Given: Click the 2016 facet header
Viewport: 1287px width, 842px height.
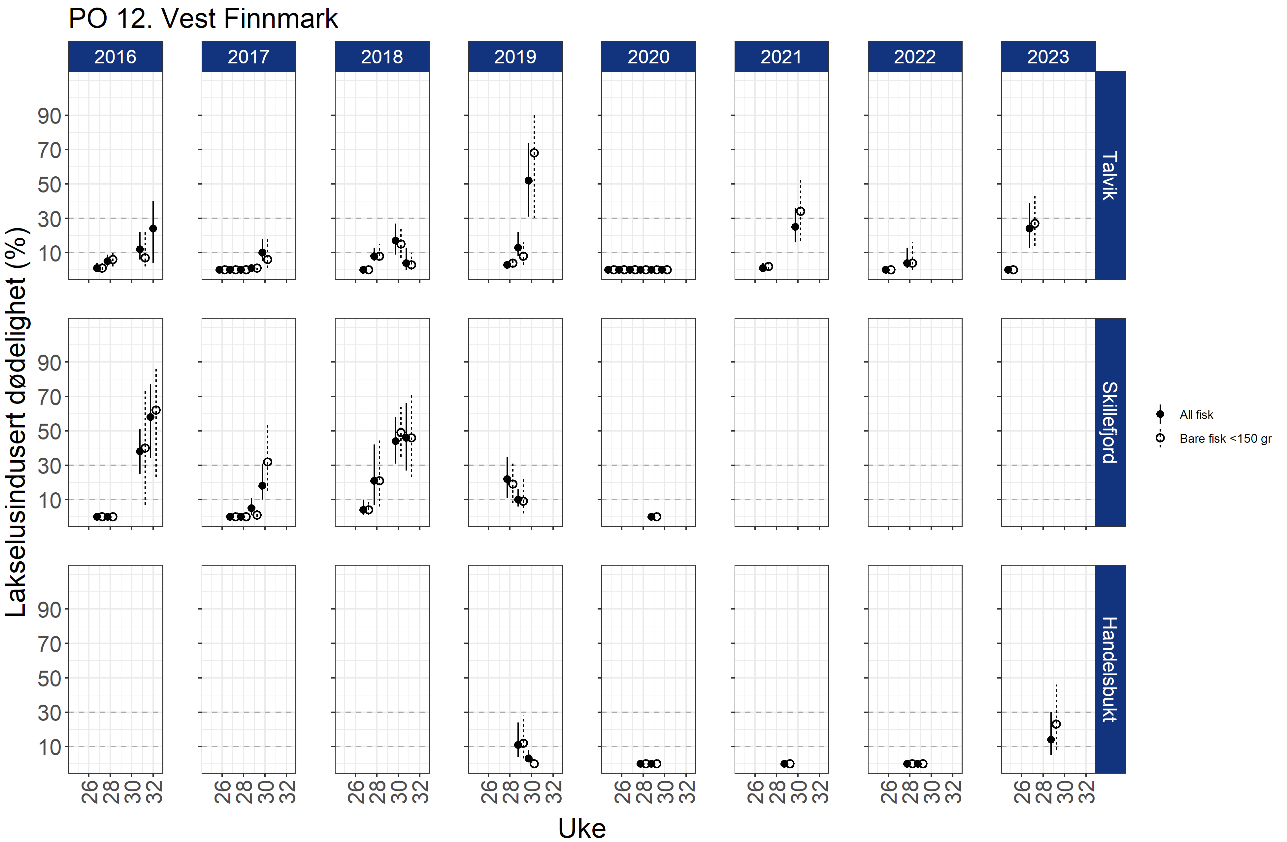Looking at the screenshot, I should (x=115, y=56).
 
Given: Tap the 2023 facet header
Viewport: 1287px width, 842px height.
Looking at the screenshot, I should (x=1048, y=56).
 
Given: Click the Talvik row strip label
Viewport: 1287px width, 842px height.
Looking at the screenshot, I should (x=1110, y=175).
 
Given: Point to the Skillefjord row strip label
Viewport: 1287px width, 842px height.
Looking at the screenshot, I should (x=1110, y=422).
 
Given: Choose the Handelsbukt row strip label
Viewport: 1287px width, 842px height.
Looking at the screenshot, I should (x=1110, y=669).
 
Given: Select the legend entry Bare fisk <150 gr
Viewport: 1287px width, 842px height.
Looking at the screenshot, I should (x=1225, y=438).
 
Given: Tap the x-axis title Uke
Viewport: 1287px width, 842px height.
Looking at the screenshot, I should (x=582, y=828).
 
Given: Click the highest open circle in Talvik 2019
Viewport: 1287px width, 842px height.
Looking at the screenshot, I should (x=534, y=153).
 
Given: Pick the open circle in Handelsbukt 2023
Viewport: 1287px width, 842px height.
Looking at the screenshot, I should (x=1056, y=724).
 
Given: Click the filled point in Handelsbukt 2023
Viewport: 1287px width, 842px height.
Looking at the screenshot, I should (x=1051, y=740).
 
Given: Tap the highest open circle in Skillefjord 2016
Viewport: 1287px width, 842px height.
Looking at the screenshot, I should (x=156, y=410).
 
